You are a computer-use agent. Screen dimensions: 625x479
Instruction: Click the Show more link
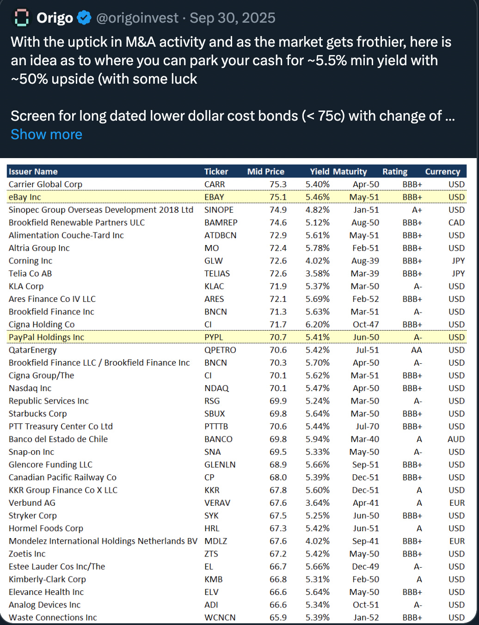46,135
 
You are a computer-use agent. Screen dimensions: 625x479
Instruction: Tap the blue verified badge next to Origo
84,18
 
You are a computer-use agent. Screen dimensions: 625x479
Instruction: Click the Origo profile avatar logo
21,18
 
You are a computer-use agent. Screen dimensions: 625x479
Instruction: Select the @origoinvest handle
137,18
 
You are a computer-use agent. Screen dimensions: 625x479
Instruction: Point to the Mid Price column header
266,172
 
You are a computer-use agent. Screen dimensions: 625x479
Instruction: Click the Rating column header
395,172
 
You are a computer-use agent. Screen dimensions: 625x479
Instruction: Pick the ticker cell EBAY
214,197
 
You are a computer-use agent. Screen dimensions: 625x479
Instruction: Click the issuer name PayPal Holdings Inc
46,337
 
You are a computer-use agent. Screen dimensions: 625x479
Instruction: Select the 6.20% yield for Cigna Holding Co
318,325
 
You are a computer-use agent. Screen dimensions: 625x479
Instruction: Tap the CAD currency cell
456,223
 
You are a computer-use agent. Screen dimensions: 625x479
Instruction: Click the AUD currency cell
456,439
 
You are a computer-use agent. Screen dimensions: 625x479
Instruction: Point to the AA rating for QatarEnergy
417,350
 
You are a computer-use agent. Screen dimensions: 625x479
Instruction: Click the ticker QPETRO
220,350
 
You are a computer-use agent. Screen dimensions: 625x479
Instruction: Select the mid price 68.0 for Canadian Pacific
278,478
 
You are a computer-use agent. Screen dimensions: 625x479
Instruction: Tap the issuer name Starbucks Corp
38,414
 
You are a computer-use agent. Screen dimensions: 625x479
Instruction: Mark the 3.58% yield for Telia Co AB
318,274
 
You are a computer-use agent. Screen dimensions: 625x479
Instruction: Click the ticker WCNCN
220,618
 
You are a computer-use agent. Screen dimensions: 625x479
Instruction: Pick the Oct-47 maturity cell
366,325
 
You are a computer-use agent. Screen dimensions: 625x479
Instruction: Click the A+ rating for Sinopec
417,210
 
